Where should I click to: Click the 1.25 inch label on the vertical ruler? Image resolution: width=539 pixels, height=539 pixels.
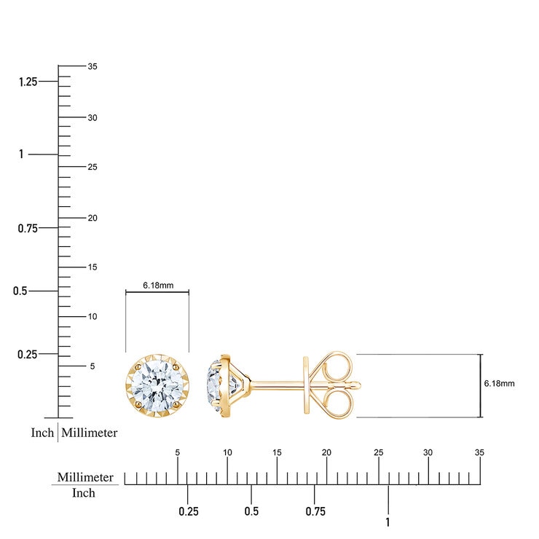coord(28,82)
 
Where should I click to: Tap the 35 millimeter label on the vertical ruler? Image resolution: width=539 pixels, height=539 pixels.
coord(93,66)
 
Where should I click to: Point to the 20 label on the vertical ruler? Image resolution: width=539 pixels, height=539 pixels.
coord(93,218)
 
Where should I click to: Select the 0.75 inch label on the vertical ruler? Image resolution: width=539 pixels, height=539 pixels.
coord(28,228)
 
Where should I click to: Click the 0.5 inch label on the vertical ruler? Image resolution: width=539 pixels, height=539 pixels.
coord(20,291)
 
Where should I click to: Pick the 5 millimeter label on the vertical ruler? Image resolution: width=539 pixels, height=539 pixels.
coord(93,366)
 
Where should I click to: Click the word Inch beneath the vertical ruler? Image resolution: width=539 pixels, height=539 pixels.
coord(43,433)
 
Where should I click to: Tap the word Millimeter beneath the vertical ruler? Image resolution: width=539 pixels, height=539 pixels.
coord(90,433)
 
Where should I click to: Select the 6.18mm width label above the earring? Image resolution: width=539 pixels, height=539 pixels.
coord(158,286)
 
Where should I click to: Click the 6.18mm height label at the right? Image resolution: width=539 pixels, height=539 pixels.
coord(499,384)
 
